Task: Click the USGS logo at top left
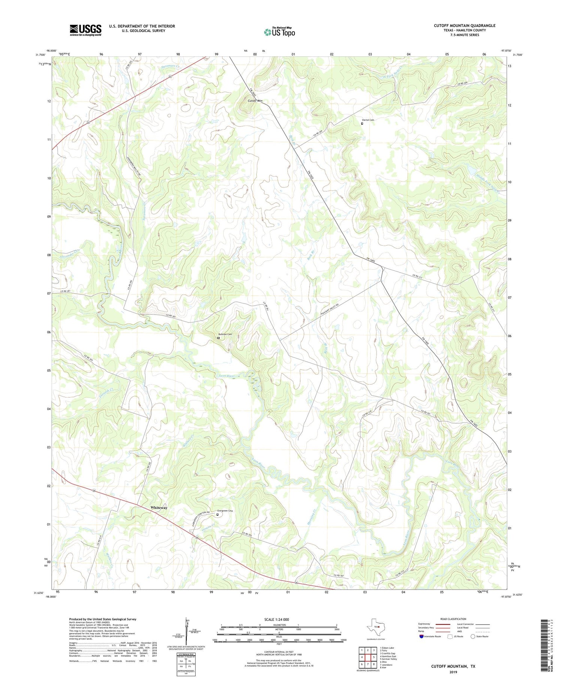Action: pos(85,30)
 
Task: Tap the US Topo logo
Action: pos(279,32)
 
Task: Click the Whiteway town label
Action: pos(159,507)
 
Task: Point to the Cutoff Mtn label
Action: pos(255,101)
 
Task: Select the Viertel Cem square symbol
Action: pos(362,123)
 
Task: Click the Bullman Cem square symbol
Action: pos(218,338)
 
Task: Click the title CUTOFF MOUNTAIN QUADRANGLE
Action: pos(464,26)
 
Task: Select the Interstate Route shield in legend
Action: pos(421,636)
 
